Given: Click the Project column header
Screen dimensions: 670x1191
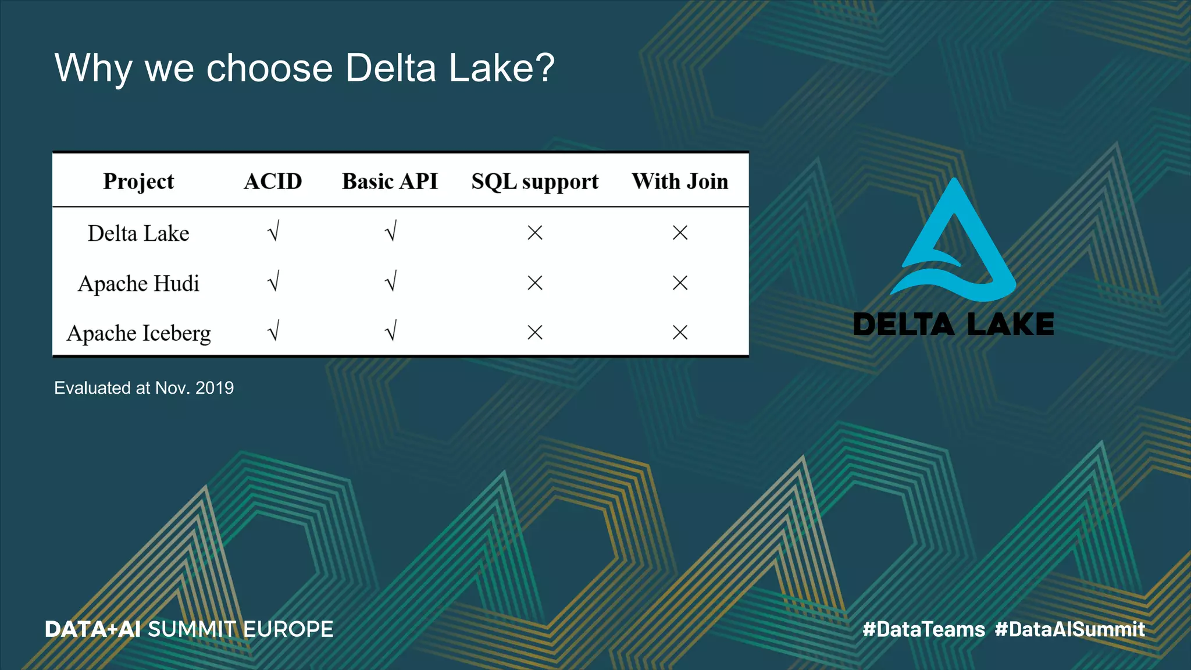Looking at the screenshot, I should (138, 181).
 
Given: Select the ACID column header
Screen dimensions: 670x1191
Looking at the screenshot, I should (273, 181).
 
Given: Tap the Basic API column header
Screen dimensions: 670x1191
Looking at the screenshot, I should (390, 181).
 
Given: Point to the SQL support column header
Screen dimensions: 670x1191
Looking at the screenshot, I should (534, 182).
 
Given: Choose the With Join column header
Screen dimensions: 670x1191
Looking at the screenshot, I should (680, 181).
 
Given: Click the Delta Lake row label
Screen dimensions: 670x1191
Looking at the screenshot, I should (138, 233).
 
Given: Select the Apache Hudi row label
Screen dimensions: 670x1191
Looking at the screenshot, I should (138, 283).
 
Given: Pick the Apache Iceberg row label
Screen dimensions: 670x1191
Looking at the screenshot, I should (138, 333).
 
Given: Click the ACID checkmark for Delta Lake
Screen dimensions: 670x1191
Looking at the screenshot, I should (273, 231).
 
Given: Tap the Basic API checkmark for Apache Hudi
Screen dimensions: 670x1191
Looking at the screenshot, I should (391, 281).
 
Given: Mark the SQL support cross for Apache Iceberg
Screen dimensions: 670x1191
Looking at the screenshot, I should (535, 333).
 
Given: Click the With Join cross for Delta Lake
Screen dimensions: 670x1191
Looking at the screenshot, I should (680, 233).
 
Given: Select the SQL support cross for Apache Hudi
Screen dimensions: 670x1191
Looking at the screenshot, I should (535, 283).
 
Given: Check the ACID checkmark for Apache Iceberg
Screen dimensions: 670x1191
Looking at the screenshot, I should (273, 331).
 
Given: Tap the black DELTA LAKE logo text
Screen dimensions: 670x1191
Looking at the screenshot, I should (953, 325).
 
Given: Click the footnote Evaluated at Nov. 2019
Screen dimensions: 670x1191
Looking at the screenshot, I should (144, 388).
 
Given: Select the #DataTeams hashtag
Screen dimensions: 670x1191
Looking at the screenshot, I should (923, 629).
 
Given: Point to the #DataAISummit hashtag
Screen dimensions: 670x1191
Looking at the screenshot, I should (1069, 629).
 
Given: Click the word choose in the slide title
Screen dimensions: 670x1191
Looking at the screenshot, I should (269, 69).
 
